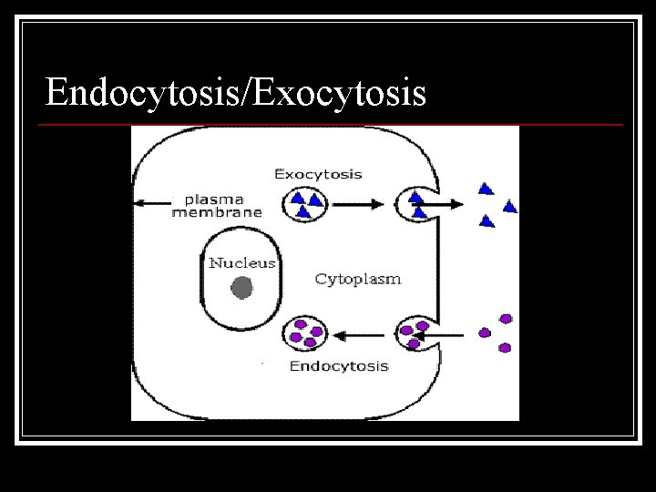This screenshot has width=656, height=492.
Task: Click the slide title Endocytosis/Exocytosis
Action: pyautogui.click(x=236, y=92)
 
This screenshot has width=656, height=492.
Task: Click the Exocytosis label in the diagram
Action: pyautogui.click(x=318, y=173)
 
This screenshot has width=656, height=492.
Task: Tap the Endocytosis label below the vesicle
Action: pyautogui.click(x=338, y=366)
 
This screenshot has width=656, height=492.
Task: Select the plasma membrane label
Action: pyautogui.click(x=217, y=205)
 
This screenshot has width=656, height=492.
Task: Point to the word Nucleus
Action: pyautogui.click(x=241, y=262)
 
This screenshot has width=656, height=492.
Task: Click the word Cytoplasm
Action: pyautogui.click(x=357, y=279)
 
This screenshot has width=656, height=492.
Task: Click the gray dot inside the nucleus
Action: pyautogui.click(x=241, y=289)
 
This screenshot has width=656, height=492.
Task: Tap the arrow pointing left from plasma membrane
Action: pyautogui.click(x=155, y=204)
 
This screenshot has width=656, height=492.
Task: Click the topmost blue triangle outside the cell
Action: pyautogui.click(x=486, y=190)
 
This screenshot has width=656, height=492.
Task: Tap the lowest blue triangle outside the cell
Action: pyautogui.click(x=487, y=220)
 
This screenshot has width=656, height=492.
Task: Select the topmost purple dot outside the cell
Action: pyautogui.click(x=506, y=319)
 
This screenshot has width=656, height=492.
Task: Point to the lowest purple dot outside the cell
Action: pyautogui.click(x=505, y=347)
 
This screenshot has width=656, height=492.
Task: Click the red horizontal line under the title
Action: pyautogui.click(x=333, y=124)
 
